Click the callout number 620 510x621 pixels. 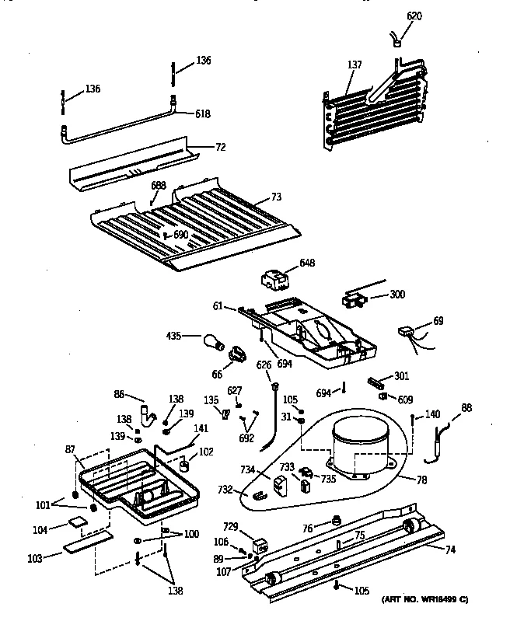click(x=415, y=16)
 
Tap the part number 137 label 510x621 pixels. click(x=355, y=65)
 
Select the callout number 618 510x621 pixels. click(x=202, y=113)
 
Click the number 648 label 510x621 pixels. click(x=307, y=263)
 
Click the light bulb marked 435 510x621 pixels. click(x=213, y=340)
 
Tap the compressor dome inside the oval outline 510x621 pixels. click(x=361, y=446)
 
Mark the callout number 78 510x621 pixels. click(x=421, y=480)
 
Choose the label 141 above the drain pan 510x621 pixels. click(x=201, y=428)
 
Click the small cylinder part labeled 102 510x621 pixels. click(x=187, y=465)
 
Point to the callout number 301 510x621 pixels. click(x=401, y=377)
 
